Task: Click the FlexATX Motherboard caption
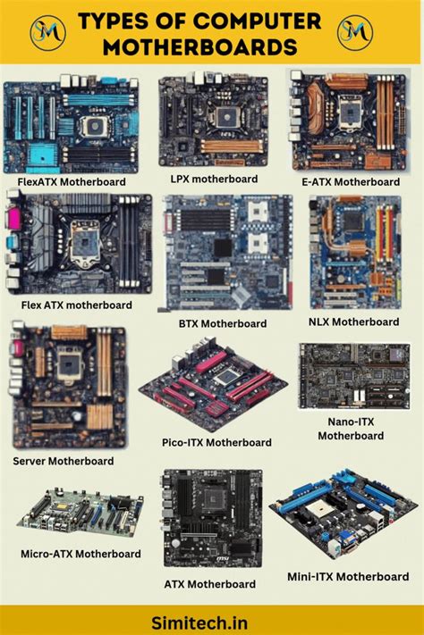point(72,181)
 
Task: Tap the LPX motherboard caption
point(214,179)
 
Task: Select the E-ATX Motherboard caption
point(351,181)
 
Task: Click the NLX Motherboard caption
point(353,322)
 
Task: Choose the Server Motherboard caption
point(64,461)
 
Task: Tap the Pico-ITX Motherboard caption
point(217,442)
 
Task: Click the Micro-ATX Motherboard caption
point(81,554)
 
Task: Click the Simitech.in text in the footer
point(211,618)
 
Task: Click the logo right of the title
point(354,32)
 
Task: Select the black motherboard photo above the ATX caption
point(212,518)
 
